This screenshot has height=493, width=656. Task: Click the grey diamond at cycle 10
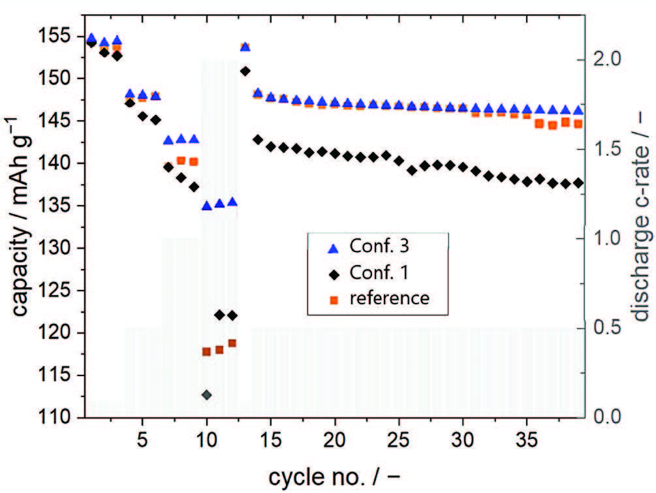(207, 395)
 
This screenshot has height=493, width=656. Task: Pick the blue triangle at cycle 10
(207, 205)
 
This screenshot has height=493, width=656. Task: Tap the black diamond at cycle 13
(245, 71)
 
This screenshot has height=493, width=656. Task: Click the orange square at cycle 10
(207, 351)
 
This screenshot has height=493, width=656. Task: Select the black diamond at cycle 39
(578, 183)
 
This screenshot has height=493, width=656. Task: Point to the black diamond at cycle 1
(91, 42)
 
